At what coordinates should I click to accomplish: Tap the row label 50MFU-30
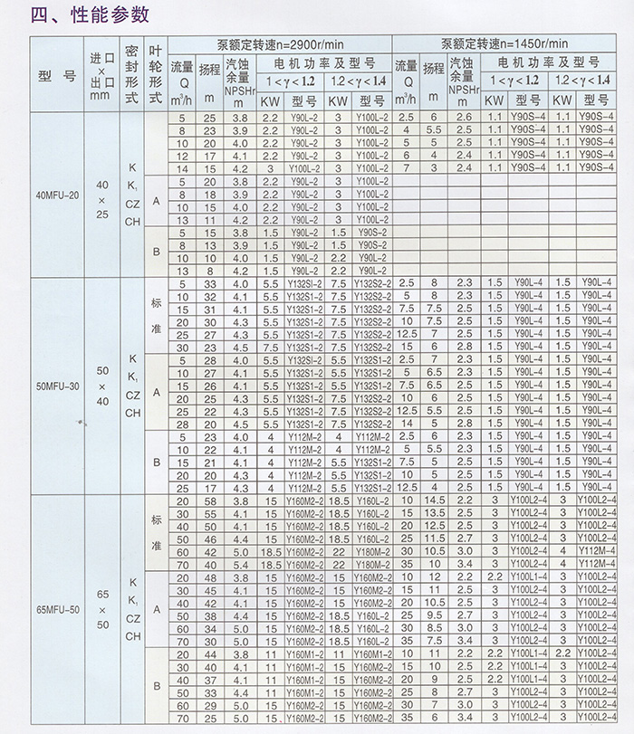pos(55,385)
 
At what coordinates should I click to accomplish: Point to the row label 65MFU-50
pos(55,609)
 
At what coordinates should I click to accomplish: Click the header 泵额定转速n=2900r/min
pos(279,44)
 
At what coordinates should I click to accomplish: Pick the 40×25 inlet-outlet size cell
pos(101,194)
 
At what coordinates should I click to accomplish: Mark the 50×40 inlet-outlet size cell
pos(101,384)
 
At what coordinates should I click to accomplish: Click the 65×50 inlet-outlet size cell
pos(101,609)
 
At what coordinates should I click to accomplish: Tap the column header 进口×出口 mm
pos(101,73)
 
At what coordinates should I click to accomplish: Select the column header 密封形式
pos(132,73)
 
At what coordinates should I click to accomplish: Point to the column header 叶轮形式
pos(156,73)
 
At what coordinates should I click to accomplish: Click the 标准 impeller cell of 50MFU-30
pos(156,316)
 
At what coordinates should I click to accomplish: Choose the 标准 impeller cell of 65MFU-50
pos(156,533)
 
